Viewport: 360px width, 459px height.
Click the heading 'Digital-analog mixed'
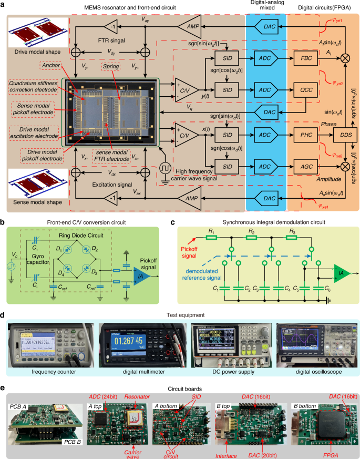[266, 7]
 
